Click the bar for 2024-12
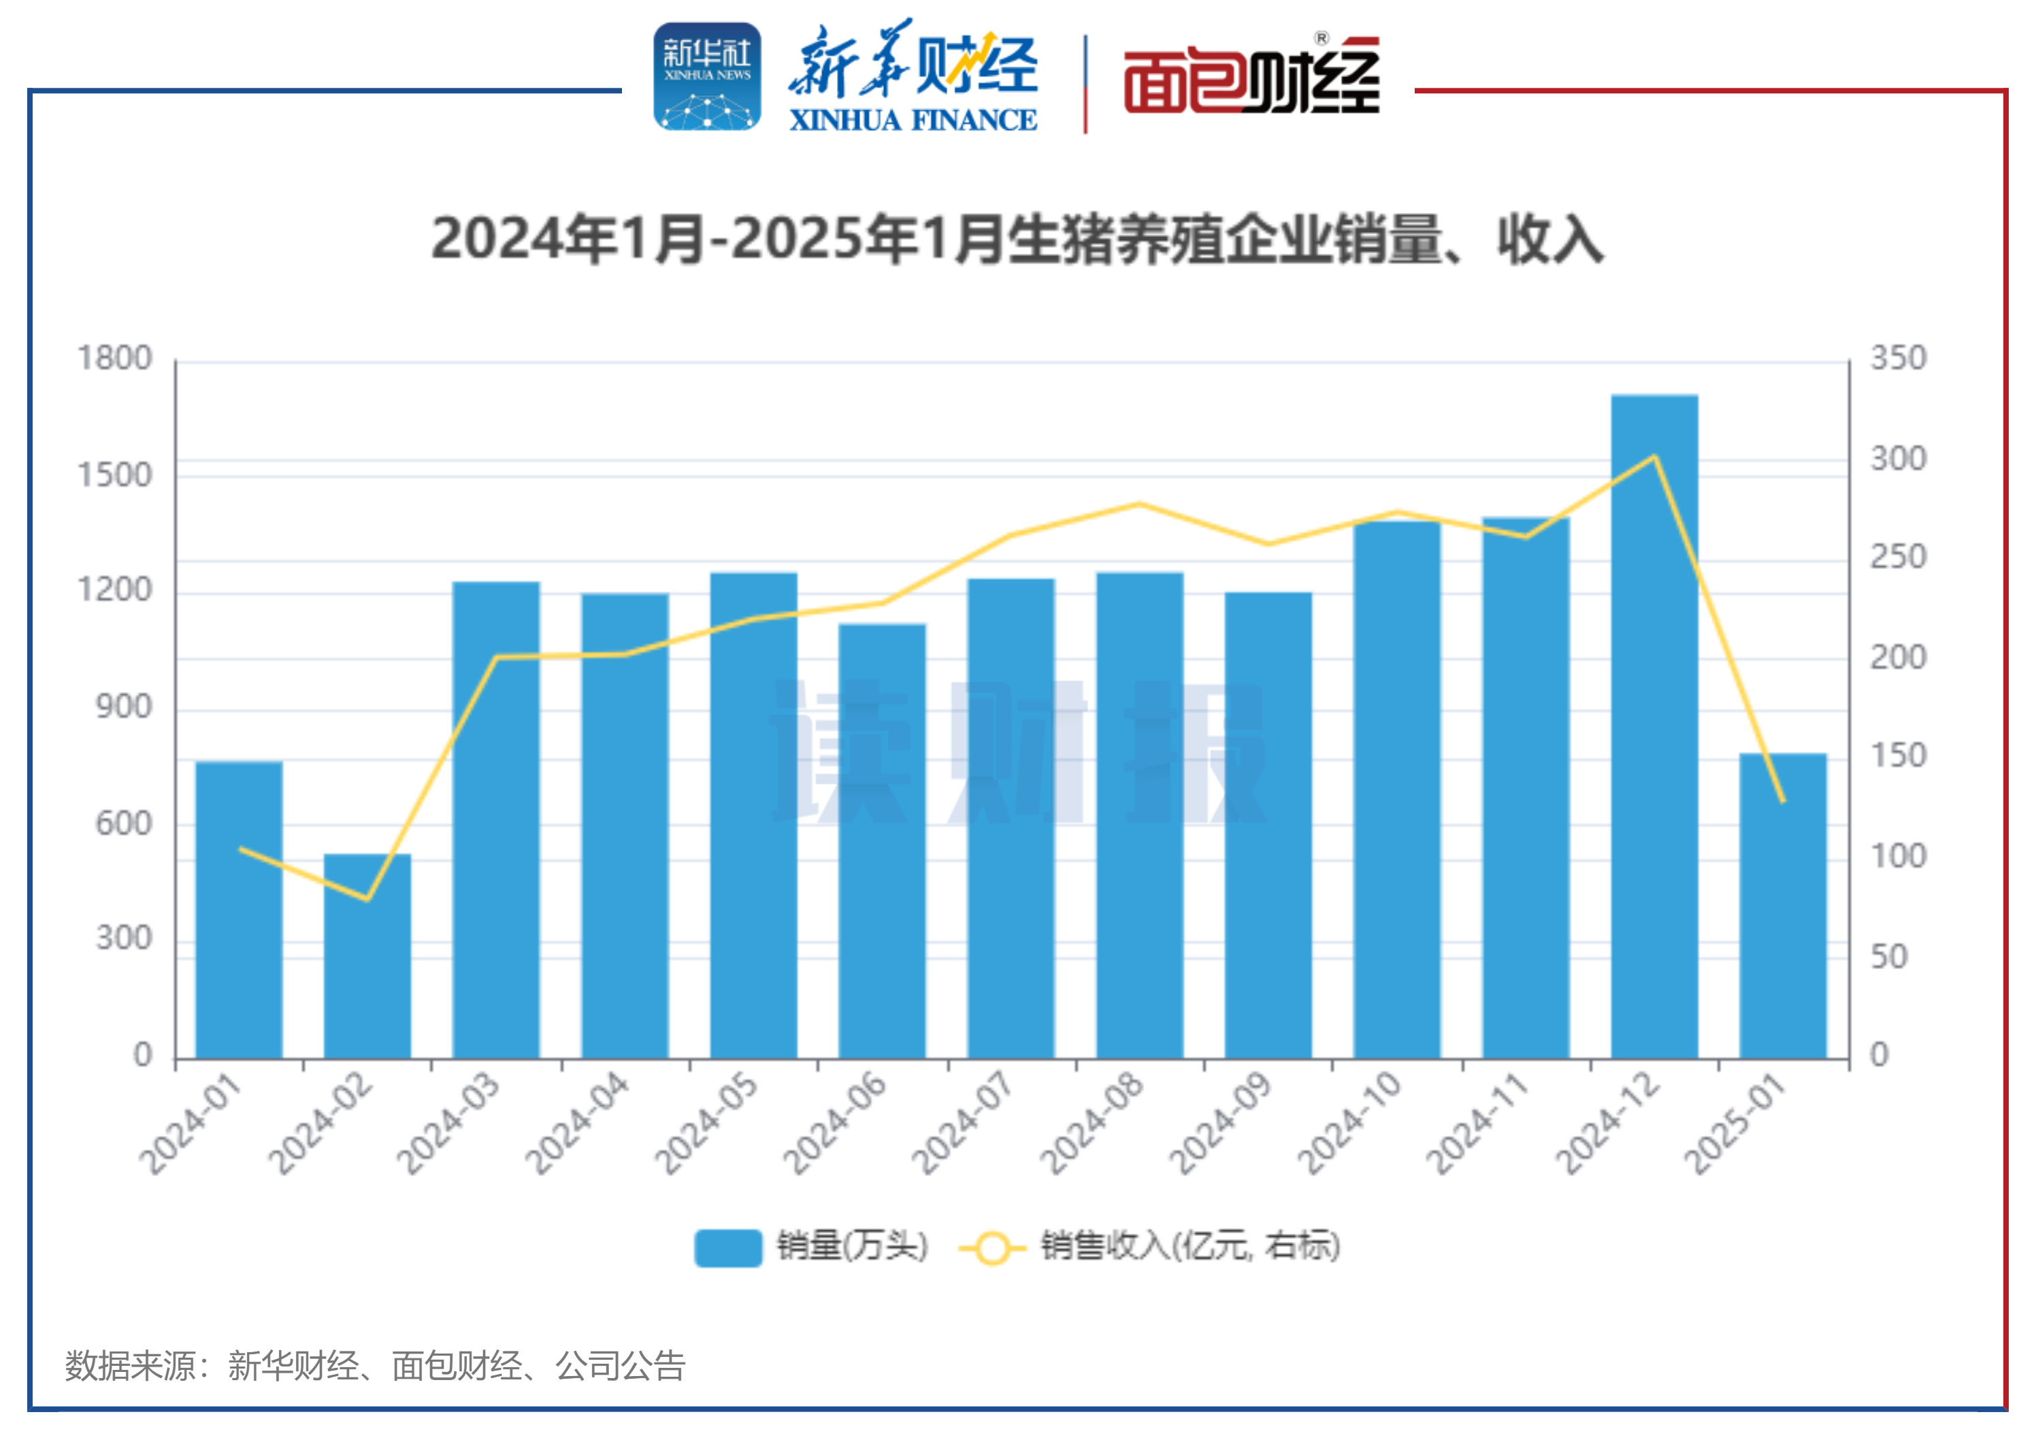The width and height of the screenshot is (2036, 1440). click(x=1654, y=727)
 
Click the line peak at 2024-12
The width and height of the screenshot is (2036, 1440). click(x=1654, y=457)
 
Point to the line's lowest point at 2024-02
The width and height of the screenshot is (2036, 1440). click(x=367, y=899)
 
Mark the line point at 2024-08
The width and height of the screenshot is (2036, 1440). click(x=1140, y=504)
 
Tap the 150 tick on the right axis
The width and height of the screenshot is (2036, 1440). click(x=1899, y=756)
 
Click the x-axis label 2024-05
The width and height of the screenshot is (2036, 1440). click(x=707, y=1124)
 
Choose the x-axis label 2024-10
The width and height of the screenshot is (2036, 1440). click(x=1349, y=1124)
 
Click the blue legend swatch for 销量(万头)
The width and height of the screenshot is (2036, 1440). click(x=728, y=1247)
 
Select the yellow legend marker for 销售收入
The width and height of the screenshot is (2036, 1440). click(x=992, y=1247)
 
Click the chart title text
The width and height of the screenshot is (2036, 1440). click(x=1017, y=240)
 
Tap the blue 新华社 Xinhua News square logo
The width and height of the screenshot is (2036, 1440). click(x=707, y=77)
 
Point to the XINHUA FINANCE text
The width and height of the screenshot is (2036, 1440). click(x=913, y=120)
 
